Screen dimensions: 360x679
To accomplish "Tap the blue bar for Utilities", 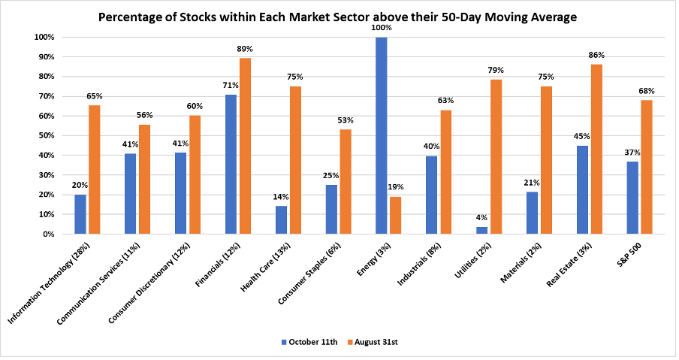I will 482,230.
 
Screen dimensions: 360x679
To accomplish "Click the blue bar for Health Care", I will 281,219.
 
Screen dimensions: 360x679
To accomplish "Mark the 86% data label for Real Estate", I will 596,56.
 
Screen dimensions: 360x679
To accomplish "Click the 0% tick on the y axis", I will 47,234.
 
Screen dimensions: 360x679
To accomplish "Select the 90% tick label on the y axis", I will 44,57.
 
